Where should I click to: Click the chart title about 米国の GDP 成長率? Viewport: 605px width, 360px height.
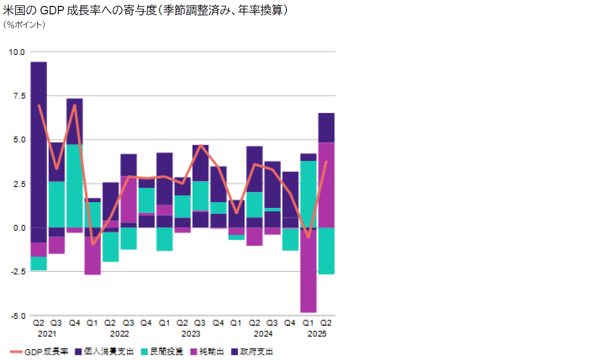(x=146, y=10)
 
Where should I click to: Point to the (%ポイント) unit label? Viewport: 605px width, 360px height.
(x=24, y=24)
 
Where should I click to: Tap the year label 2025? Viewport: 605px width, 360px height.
(x=317, y=334)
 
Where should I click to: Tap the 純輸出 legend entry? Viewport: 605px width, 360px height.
(x=208, y=352)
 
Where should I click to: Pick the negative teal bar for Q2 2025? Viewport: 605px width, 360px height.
(x=326, y=251)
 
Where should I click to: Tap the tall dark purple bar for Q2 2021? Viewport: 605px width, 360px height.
(x=39, y=149)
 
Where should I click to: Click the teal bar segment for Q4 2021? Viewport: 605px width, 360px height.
(x=75, y=186)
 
